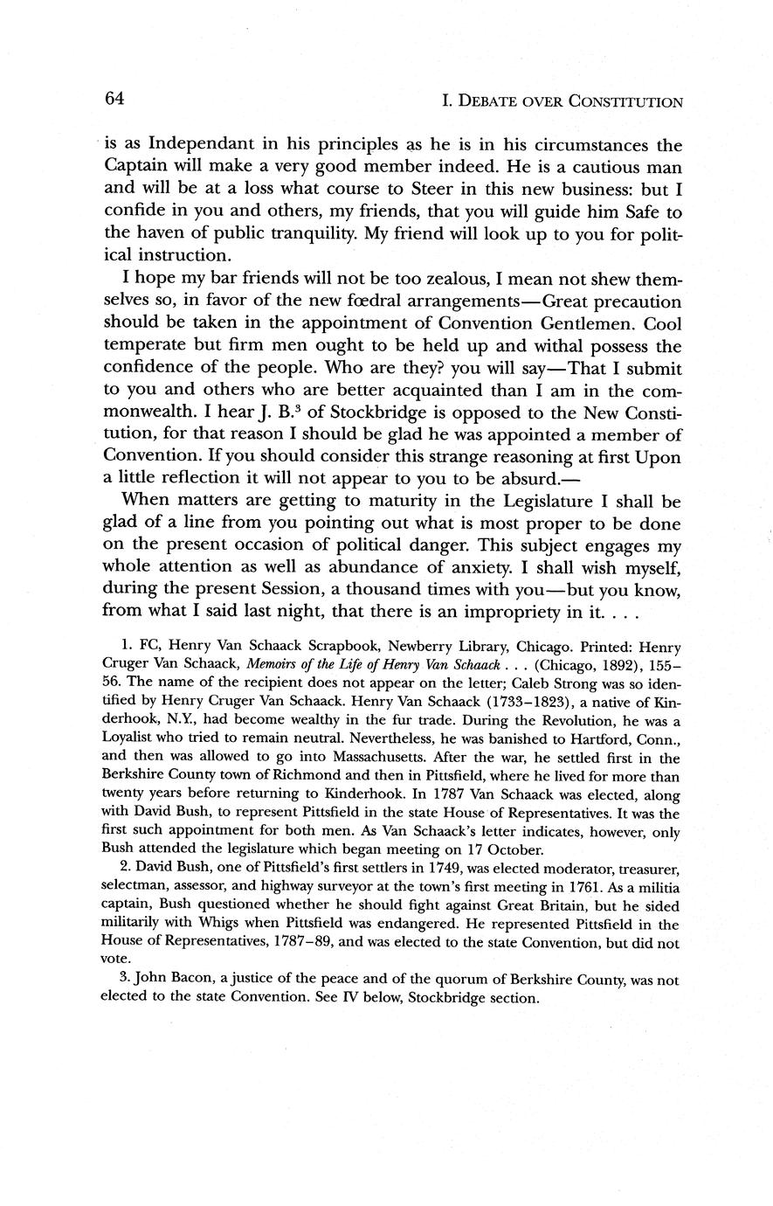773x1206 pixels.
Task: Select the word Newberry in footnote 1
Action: (x=425, y=648)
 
